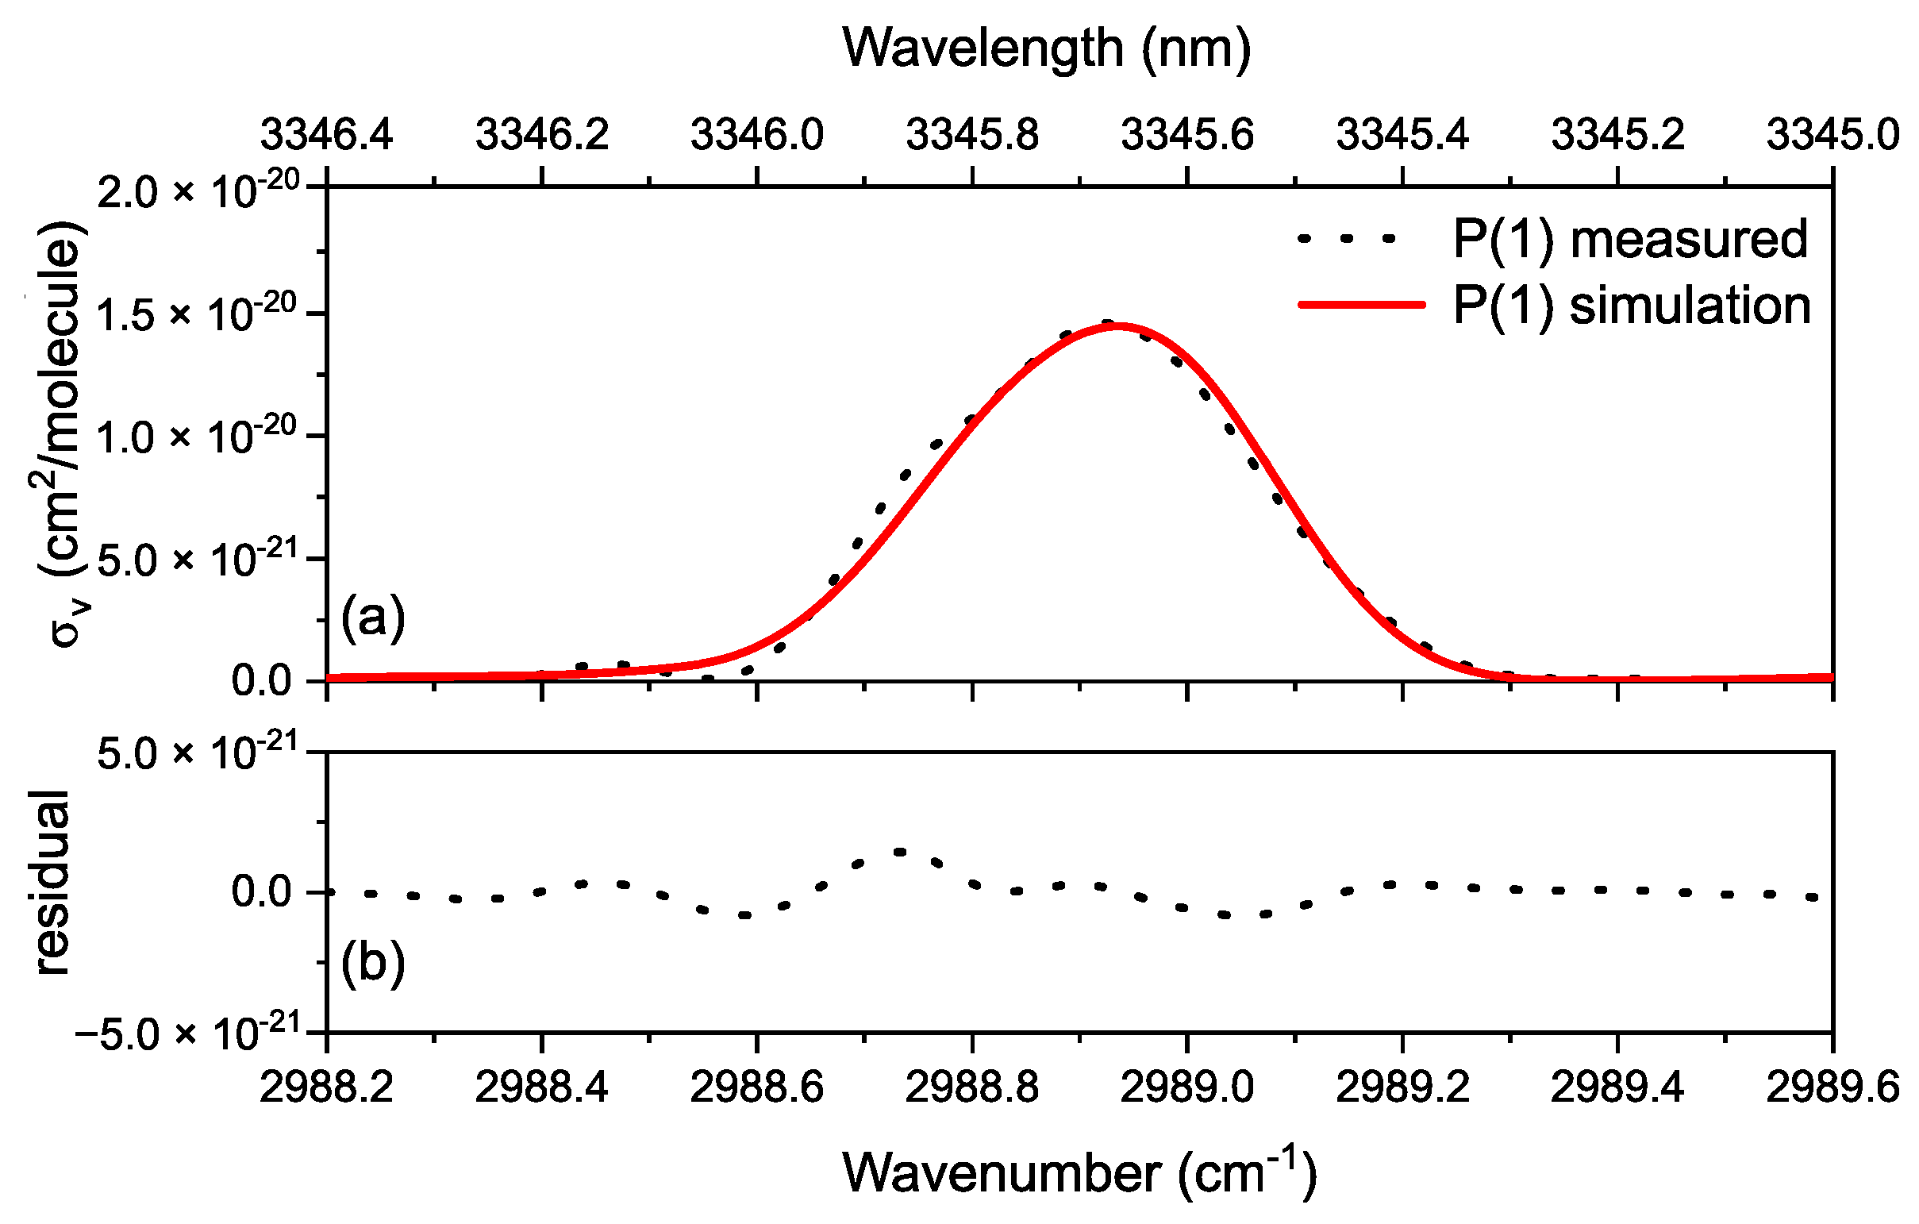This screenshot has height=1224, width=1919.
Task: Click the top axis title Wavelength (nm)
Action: point(1046,49)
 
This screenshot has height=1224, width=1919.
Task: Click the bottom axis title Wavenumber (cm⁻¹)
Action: point(1079,1173)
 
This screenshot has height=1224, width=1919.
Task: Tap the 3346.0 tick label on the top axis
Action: point(756,134)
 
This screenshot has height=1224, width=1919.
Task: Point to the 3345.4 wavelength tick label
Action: point(1402,134)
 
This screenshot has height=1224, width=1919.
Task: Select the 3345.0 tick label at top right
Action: point(1832,134)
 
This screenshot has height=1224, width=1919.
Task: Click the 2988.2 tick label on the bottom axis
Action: point(327,1087)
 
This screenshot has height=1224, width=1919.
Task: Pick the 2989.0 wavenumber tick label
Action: point(1186,1087)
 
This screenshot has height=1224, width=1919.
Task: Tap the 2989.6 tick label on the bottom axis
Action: point(1832,1087)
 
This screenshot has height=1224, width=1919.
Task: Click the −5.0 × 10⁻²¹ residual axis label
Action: point(187,1034)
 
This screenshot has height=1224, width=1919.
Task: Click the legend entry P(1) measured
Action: point(1629,239)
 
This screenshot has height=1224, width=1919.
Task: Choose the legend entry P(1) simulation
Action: point(1632,306)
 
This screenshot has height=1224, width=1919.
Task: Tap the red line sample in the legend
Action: point(1361,303)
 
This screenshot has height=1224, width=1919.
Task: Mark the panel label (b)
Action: point(373,962)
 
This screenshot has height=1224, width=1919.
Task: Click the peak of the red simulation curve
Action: point(1119,325)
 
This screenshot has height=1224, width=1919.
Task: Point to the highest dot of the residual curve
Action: point(900,852)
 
